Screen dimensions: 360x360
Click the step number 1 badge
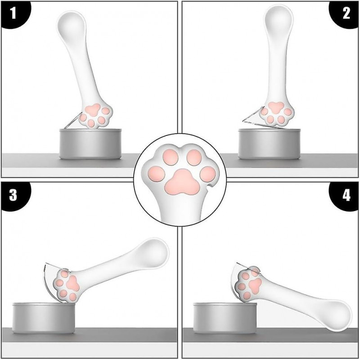pyautogui.click(x=13, y=13)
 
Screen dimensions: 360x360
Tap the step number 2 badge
pyautogui.click(x=346, y=13)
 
